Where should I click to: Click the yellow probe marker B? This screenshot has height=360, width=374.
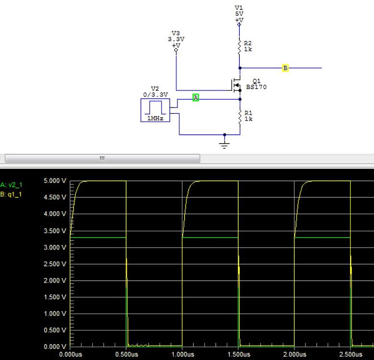(x=285, y=68)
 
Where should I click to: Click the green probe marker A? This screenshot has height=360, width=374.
(x=196, y=97)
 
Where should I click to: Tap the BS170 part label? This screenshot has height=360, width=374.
(x=256, y=87)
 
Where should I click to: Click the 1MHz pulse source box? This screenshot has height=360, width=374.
(x=155, y=110)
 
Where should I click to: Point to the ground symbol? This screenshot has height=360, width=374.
(x=224, y=144)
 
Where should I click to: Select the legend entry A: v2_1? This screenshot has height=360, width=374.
(x=12, y=184)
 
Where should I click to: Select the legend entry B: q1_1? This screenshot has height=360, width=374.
(x=12, y=194)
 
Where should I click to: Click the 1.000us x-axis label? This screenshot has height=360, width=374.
(x=182, y=355)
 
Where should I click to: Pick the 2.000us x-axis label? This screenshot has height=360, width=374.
(x=294, y=355)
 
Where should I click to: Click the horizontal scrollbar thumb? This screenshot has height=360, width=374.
(x=102, y=158)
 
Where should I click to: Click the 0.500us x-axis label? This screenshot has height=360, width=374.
(x=126, y=355)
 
